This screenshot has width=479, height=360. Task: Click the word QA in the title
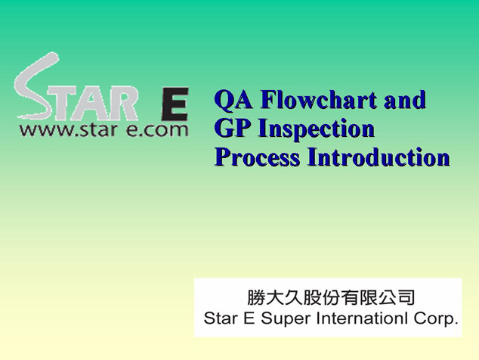click(x=233, y=100)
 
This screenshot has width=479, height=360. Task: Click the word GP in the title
click(x=233, y=128)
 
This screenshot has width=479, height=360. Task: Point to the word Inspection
click(x=317, y=129)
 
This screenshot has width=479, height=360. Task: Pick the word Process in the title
click(x=257, y=157)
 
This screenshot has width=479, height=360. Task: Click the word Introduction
click(x=379, y=157)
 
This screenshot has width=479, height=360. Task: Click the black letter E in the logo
click(x=175, y=104)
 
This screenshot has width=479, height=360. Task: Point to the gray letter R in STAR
click(x=122, y=104)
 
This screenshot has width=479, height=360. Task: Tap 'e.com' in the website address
click(x=157, y=129)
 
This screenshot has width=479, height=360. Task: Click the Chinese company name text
click(x=331, y=297)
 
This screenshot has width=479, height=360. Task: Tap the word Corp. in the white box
click(x=436, y=319)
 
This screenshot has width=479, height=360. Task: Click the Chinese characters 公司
click(x=397, y=297)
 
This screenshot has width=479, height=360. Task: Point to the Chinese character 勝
click(x=256, y=297)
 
